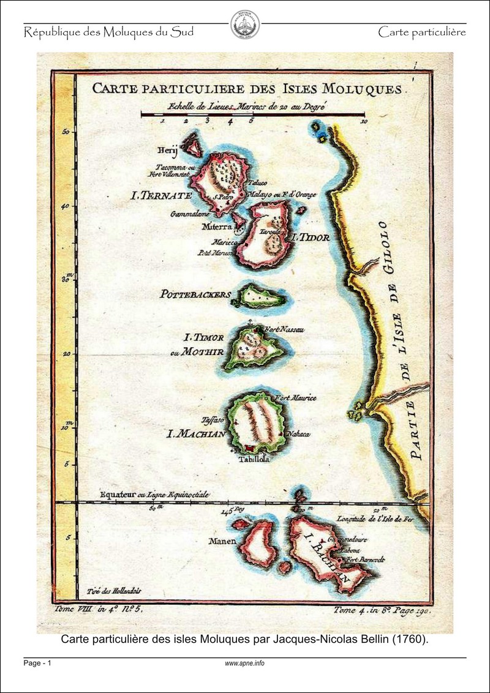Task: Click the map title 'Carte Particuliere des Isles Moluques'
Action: pos(247,88)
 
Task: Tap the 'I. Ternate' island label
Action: pos(162,196)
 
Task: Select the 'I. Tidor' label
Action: pos(311,237)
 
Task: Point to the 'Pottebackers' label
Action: pos(195,294)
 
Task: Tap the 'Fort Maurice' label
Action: pos(295,399)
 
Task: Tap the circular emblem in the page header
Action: pos(244,25)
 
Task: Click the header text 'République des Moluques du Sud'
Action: pos(109,32)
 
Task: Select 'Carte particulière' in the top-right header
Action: pos(422,32)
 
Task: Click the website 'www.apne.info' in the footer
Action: pos(244,663)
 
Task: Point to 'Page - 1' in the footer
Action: pos(38,663)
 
